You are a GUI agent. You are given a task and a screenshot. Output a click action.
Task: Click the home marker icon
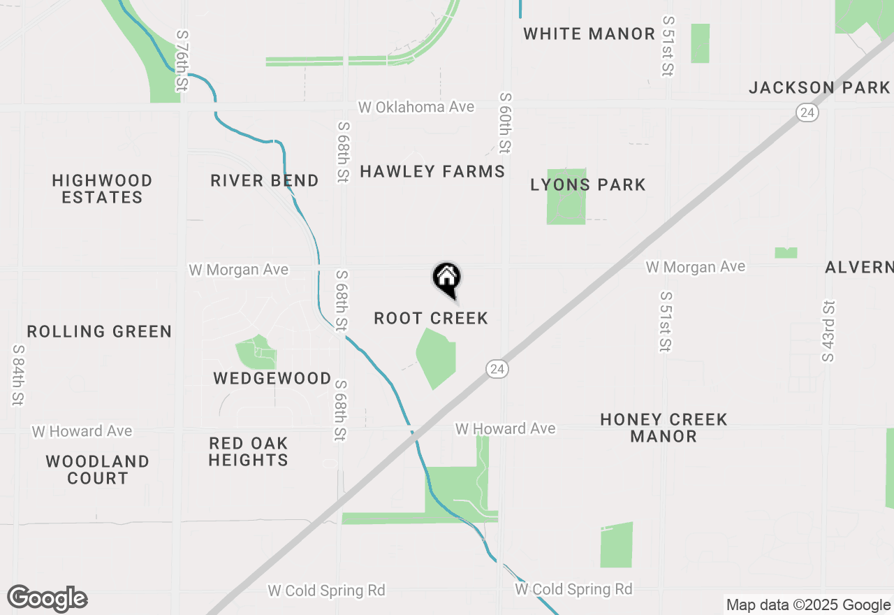click(x=447, y=280)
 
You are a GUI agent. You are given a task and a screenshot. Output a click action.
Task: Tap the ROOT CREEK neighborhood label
click(x=431, y=319)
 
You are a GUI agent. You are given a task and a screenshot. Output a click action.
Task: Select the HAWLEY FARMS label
click(x=432, y=171)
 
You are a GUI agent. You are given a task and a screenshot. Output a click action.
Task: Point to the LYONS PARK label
click(x=588, y=185)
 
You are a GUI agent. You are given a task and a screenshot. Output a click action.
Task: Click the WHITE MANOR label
click(x=589, y=34)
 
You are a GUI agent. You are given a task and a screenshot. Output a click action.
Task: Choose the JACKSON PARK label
click(x=819, y=88)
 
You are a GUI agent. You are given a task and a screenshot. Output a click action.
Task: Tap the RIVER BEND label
click(x=265, y=181)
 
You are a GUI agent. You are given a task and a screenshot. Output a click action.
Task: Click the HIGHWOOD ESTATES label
click(x=102, y=189)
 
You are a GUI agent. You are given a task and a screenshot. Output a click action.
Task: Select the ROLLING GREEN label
click(x=99, y=331)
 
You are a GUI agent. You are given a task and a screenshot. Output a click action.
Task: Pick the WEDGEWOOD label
click(x=272, y=379)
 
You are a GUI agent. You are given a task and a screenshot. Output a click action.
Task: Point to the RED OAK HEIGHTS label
click(x=248, y=451)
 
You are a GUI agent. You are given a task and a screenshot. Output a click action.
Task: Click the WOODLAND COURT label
click(x=98, y=470)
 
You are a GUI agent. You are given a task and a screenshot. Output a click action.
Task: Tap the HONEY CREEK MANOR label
click(x=664, y=428)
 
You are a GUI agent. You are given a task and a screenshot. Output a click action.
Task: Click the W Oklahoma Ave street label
click(x=416, y=107)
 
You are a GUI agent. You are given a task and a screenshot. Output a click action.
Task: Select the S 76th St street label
click(x=182, y=60)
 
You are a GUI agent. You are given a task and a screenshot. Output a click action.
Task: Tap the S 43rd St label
click(x=828, y=331)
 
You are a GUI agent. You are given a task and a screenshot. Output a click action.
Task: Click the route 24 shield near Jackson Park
click(x=807, y=113)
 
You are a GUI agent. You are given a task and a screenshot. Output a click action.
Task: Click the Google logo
click(x=47, y=599)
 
